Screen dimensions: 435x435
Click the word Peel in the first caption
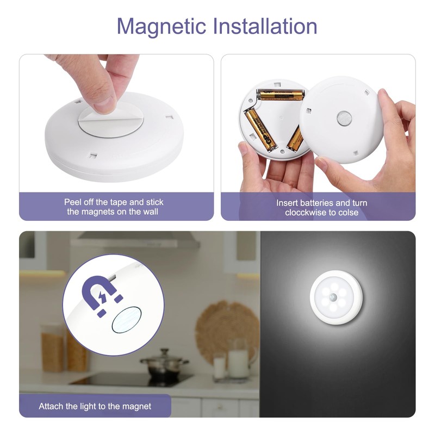(x=73, y=202)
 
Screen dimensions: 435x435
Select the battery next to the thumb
(x=260, y=128)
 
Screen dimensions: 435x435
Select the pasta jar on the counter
(x=53, y=347)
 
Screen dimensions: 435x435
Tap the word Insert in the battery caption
(x=287, y=203)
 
